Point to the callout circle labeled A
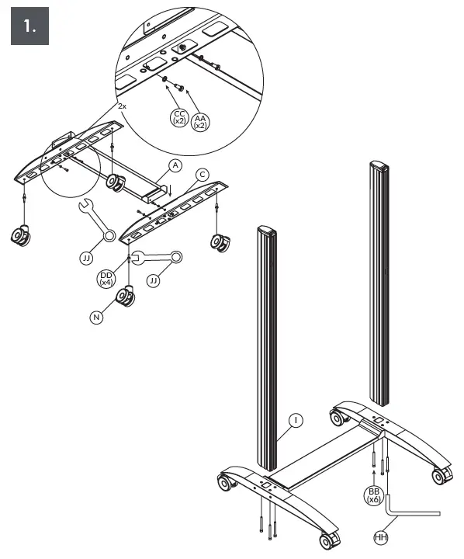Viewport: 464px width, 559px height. click(175, 165)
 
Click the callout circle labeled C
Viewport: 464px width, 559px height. click(202, 175)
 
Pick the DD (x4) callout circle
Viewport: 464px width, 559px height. click(107, 279)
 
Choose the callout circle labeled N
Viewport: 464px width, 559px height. click(96, 317)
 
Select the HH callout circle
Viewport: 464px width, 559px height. click(381, 536)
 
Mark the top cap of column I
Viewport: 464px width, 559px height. click(265, 231)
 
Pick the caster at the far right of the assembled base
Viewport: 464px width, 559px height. click(440, 474)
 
